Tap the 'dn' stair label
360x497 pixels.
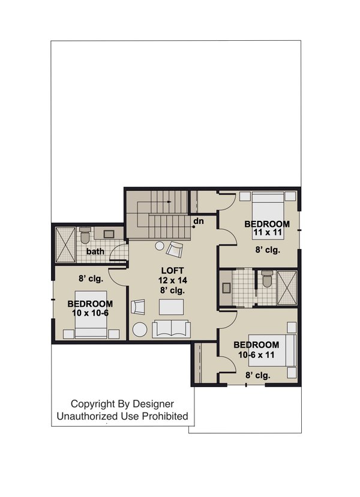tap(198, 221)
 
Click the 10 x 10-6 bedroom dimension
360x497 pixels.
tap(90, 313)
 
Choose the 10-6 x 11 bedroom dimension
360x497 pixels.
tap(256, 355)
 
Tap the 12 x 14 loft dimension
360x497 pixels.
tap(171, 280)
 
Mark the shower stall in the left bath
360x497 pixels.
tap(64, 244)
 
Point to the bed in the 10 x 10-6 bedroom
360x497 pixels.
tap(91, 331)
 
